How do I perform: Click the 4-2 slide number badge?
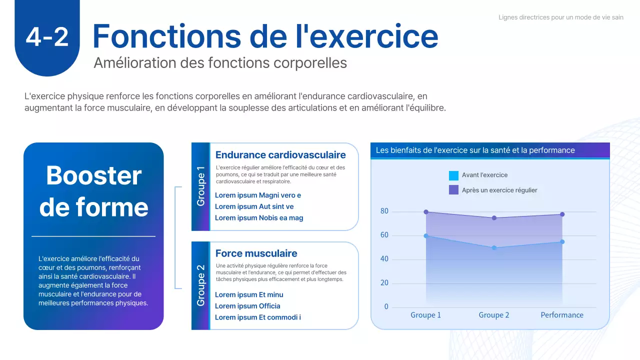click(x=47, y=37)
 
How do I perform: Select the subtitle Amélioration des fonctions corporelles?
click(x=220, y=63)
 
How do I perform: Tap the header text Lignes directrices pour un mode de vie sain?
click(x=560, y=17)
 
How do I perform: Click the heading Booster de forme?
click(x=93, y=191)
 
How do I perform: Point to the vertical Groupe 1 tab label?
click(x=200, y=186)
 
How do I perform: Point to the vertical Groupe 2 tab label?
click(x=200, y=285)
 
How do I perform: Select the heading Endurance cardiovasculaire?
click(x=280, y=155)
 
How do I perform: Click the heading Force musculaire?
click(x=256, y=253)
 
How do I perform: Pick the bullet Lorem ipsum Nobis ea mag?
click(x=259, y=218)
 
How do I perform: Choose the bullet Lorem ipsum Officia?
click(x=247, y=306)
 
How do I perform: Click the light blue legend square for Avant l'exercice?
click(x=453, y=175)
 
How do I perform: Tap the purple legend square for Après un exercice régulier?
click(x=453, y=190)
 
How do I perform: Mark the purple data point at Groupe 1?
click(x=426, y=212)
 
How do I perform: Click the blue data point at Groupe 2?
click(x=494, y=248)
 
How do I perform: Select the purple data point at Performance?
click(x=562, y=214)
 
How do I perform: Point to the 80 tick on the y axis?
click(x=384, y=211)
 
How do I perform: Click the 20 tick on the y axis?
click(x=384, y=283)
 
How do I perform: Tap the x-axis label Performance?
click(x=562, y=315)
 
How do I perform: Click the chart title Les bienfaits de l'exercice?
click(x=475, y=150)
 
